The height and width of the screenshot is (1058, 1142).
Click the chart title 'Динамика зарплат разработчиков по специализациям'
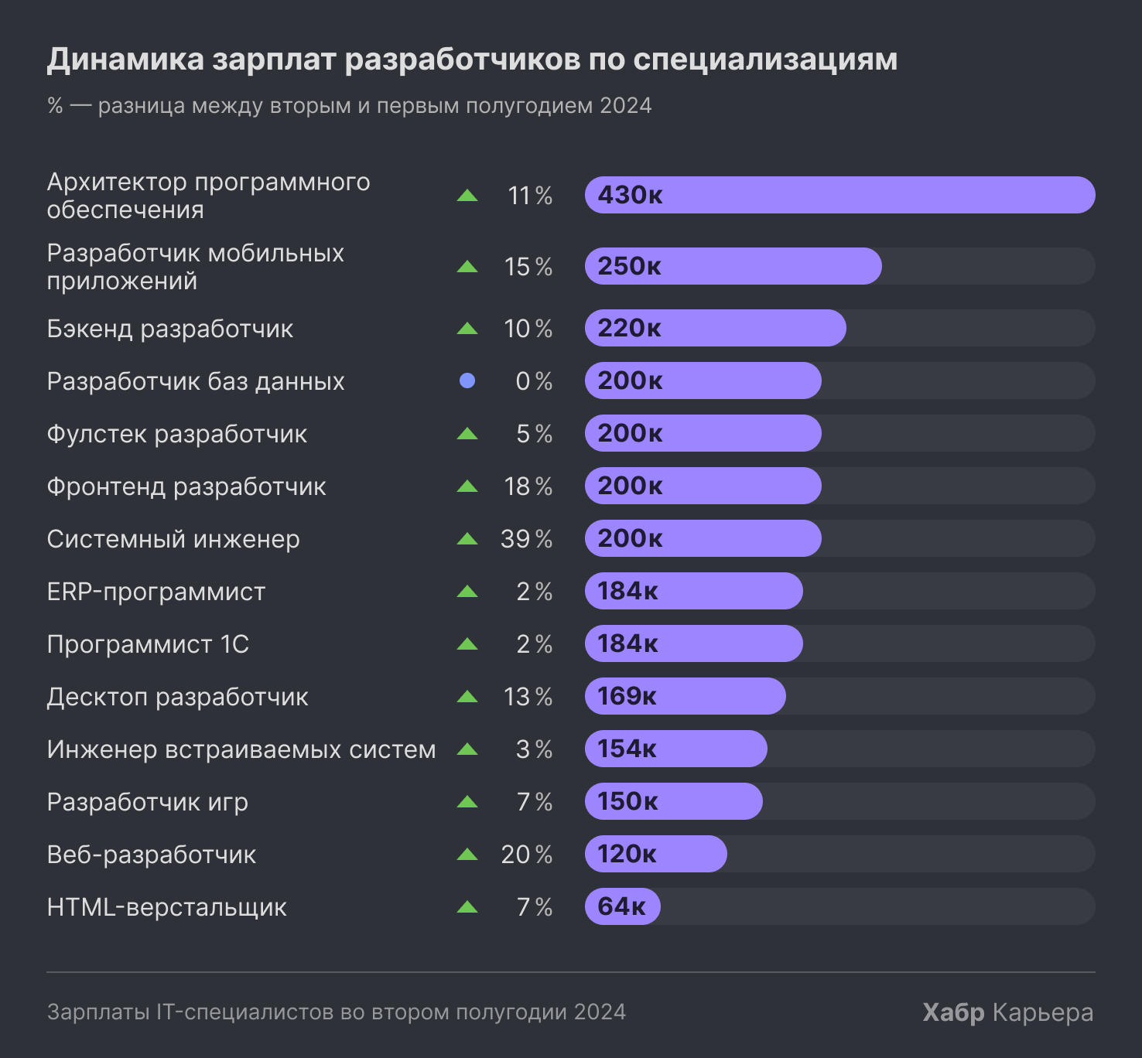472,60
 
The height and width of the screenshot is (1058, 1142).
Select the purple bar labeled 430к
839,195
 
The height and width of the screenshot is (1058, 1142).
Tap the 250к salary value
629,266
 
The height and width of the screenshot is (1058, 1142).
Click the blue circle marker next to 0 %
467,381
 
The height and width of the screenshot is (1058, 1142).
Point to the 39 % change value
526,539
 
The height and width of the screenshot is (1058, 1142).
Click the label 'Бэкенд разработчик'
170,329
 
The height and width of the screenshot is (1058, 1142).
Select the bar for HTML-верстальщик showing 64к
622,906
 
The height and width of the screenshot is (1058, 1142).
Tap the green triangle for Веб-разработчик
467,855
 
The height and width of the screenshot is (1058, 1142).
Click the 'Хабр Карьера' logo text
1007,1012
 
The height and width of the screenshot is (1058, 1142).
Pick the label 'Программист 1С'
148,644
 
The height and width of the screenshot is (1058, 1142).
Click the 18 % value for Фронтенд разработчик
528,486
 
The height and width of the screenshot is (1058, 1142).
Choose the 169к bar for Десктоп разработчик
685,696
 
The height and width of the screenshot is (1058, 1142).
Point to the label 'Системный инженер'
173,539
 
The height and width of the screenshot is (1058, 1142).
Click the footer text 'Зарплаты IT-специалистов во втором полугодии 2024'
337,1012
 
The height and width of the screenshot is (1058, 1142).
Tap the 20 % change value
526,855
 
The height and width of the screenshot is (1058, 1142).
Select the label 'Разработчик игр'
148,802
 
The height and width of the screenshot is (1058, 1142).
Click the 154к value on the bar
627,749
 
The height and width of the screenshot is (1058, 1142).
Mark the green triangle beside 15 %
467,267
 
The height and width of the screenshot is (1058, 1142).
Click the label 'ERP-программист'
156,592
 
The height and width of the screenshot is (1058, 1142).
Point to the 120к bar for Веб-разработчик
655,854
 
